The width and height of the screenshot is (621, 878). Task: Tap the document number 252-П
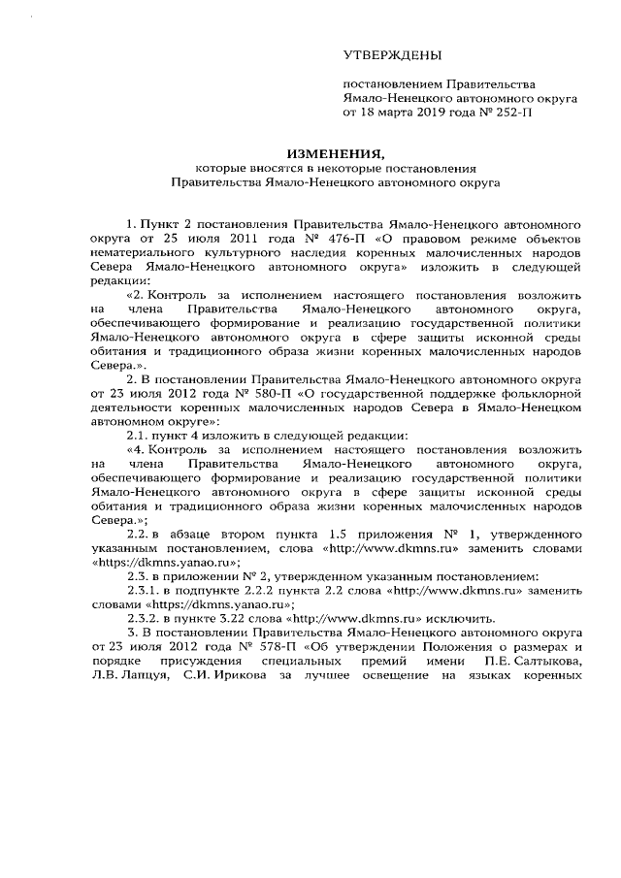point(513,113)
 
